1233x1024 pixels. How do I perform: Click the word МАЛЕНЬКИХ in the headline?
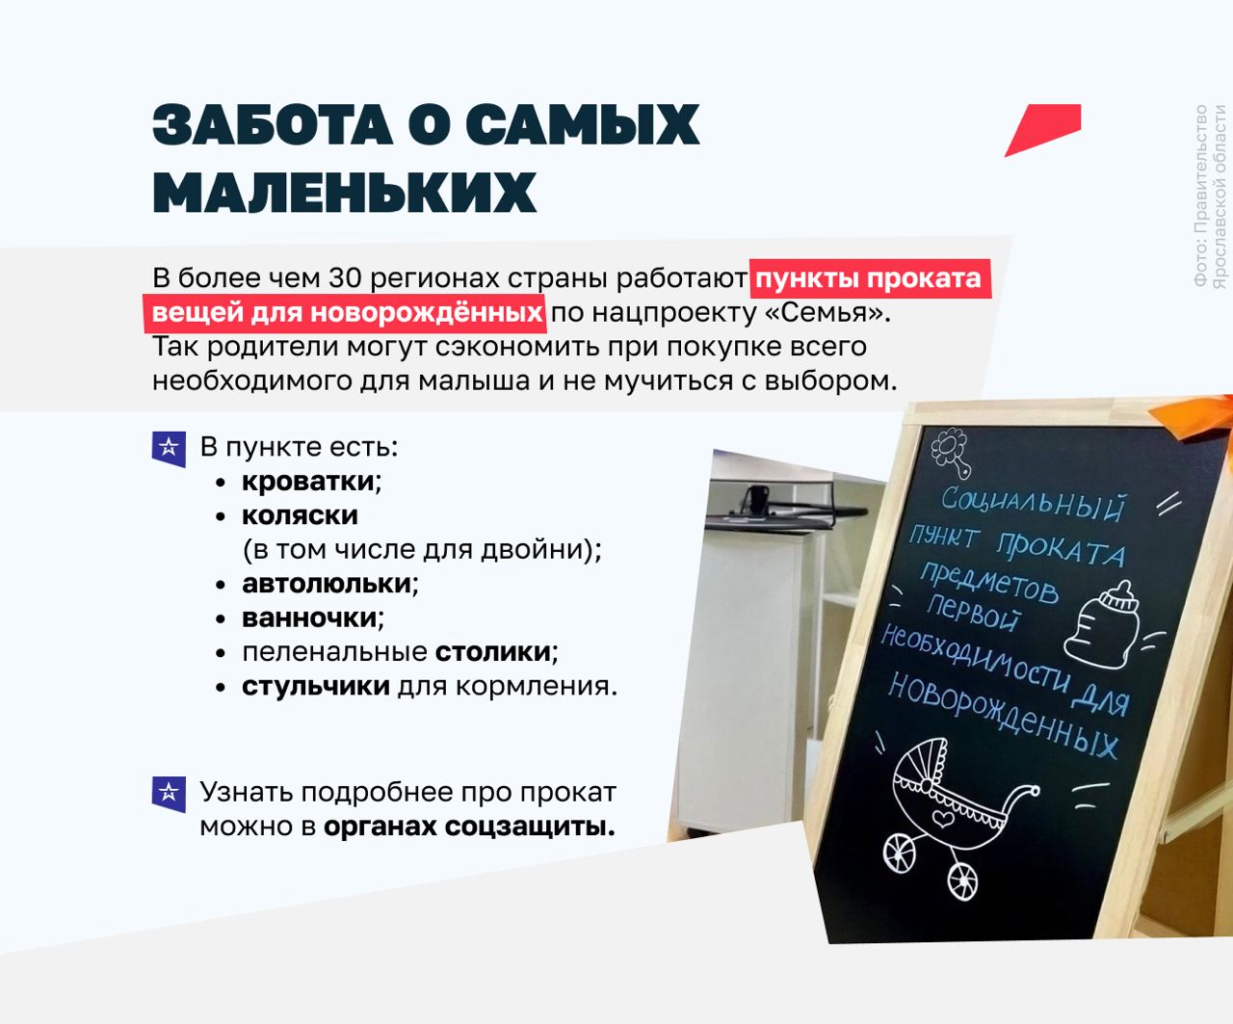click(x=344, y=192)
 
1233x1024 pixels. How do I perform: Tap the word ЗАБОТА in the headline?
click(x=273, y=124)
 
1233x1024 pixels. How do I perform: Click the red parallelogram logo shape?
click(x=1043, y=130)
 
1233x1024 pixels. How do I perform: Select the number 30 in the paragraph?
click(x=345, y=278)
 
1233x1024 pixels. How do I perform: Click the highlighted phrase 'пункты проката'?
click(x=869, y=278)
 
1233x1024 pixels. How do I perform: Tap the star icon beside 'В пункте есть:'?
click(x=169, y=449)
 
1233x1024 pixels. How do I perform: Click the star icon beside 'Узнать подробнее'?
click(x=169, y=795)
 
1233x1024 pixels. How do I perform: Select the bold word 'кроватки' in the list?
click(x=308, y=482)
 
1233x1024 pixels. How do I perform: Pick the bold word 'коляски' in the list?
click(x=300, y=515)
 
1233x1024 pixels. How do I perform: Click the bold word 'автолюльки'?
click(x=327, y=584)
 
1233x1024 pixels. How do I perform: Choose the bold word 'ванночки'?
click(x=309, y=618)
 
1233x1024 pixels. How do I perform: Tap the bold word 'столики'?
click(x=493, y=652)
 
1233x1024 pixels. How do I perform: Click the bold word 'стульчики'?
click(x=316, y=686)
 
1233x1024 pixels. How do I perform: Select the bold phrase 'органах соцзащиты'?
click(x=469, y=827)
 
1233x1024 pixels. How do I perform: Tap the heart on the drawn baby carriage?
click(x=943, y=818)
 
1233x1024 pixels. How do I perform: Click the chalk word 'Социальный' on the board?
click(x=1033, y=506)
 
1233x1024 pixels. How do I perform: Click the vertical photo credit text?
click(x=1209, y=197)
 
